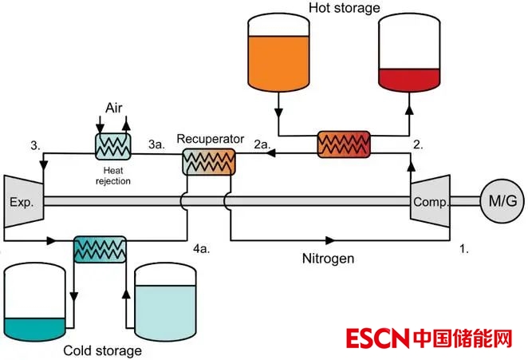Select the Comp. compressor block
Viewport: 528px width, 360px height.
(428, 202)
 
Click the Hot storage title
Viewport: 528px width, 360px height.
(342, 8)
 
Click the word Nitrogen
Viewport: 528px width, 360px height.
(328, 259)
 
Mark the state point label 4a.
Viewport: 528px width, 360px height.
(201, 249)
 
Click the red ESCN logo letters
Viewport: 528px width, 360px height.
(379, 338)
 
